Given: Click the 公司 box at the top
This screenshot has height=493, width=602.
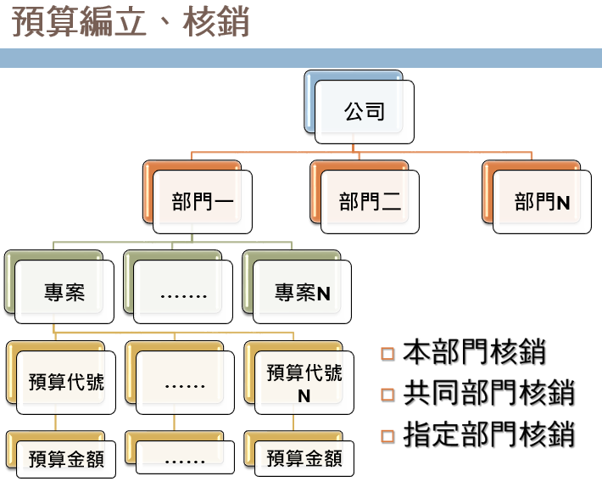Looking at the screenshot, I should (365, 111).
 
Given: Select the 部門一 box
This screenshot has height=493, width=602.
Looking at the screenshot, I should (203, 202).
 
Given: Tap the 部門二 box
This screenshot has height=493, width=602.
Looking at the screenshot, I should (370, 202).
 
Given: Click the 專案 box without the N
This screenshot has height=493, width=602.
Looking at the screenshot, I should (64, 293).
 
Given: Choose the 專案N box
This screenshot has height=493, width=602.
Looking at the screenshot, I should (302, 293).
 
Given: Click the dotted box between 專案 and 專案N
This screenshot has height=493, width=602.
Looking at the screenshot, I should (183, 293).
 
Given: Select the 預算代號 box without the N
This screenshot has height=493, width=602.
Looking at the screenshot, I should (66, 383).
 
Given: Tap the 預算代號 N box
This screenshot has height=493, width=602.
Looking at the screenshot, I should (304, 383).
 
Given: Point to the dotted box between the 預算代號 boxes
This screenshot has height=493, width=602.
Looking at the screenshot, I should (185, 384).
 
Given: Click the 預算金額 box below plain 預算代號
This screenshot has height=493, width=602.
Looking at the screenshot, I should (66, 459).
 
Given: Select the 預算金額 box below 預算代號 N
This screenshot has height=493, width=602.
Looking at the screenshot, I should (304, 459).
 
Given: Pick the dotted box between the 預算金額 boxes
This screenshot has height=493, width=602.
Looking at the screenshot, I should (185, 459).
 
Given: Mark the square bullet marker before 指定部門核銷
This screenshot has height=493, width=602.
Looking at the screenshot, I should (388, 436).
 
